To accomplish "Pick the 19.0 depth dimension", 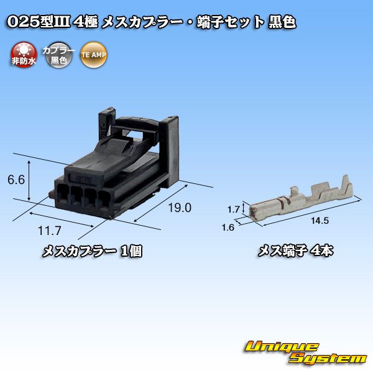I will (x=178, y=208).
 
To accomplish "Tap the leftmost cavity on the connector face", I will (x=62, y=192).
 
